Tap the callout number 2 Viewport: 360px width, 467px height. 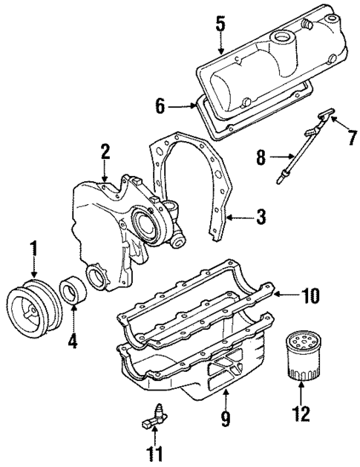106,151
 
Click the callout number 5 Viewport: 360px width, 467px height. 219,23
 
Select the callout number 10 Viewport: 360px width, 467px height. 310,295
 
